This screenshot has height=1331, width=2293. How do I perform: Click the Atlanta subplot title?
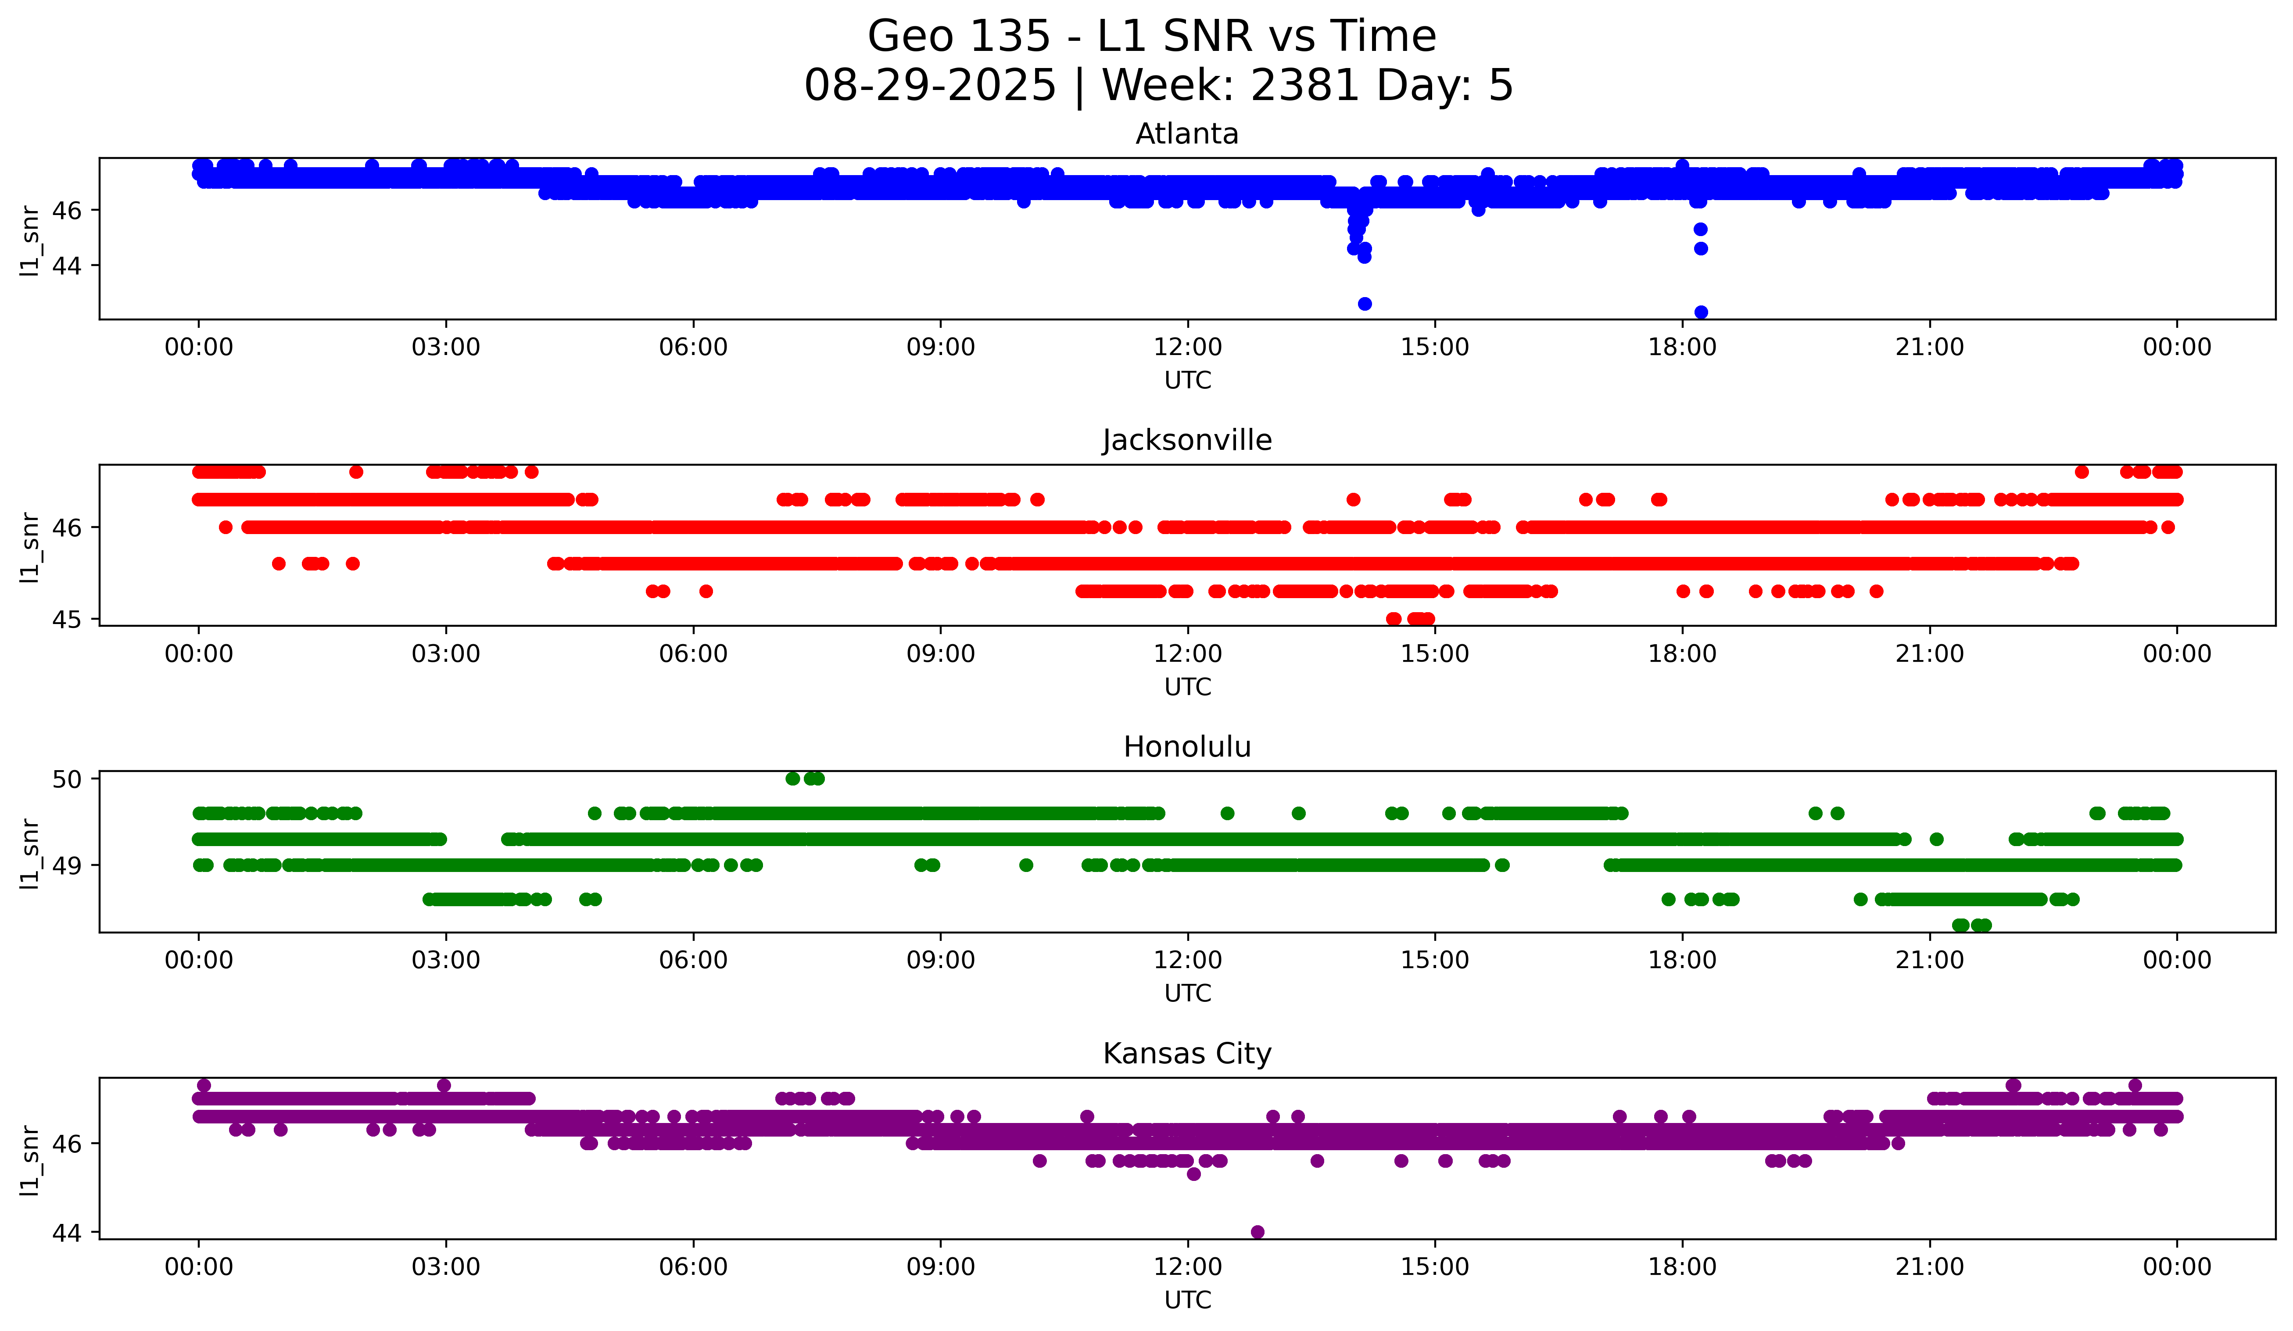(x=1186, y=134)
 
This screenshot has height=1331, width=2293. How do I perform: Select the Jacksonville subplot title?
(x=1186, y=440)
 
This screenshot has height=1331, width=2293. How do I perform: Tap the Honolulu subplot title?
(x=1186, y=747)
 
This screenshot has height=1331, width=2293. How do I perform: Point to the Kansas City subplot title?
(x=1186, y=1054)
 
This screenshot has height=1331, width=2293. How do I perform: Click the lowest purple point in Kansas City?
(x=1258, y=1232)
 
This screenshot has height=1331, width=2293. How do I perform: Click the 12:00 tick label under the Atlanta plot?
(x=1187, y=348)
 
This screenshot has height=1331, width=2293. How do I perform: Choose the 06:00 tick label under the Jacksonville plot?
(x=693, y=654)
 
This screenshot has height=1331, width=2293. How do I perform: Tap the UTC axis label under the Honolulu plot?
(x=1187, y=994)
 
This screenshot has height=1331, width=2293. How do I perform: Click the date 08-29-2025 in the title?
(x=930, y=86)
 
